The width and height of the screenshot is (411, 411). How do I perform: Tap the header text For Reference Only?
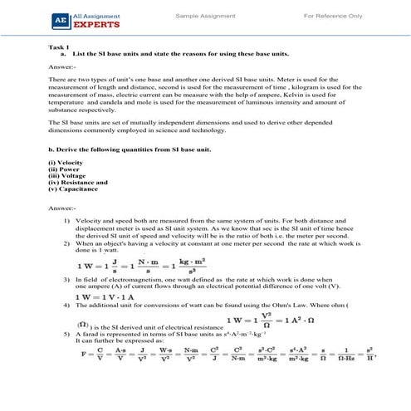pos(333,16)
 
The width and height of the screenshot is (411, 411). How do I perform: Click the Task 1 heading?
pos(59,47)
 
